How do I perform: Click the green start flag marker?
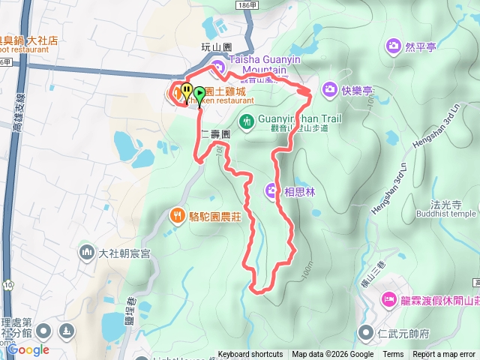199,94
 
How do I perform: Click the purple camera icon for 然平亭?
393,47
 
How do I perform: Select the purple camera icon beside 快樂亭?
329,90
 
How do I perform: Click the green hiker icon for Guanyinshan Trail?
246,120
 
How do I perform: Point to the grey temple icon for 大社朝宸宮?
86,253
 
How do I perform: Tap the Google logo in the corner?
28,349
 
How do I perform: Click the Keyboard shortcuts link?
251,355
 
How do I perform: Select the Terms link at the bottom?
393,355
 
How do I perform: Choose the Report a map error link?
444,355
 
